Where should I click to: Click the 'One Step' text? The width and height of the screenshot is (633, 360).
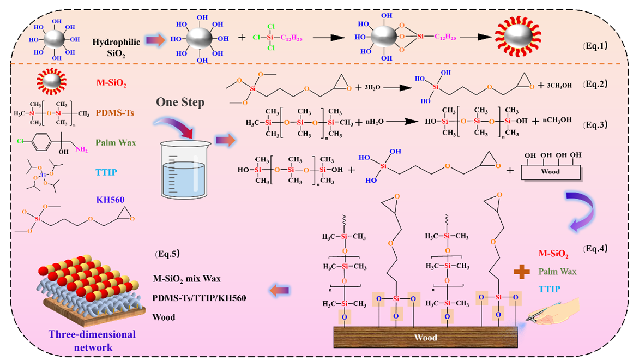(x=181, y=102)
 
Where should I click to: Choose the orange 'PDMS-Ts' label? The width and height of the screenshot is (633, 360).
(x=111, y=113)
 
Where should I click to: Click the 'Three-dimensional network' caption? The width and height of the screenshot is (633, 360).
(x=84, y=340)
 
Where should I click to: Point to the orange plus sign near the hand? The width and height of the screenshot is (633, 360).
(x=522, y=271)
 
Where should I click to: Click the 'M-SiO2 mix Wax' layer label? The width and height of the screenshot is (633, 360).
(x=187, y=279)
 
